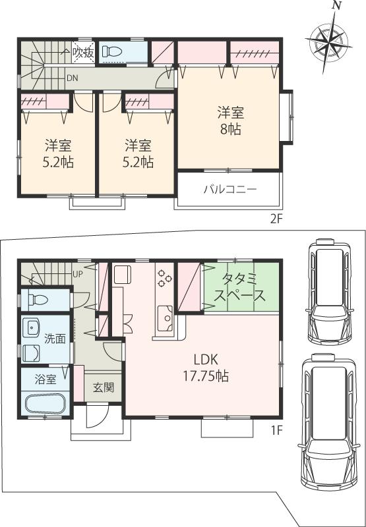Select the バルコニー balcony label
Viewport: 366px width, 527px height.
coord(229,190)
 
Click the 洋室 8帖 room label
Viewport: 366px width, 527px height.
coord(230,121)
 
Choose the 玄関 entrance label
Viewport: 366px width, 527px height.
coord(104,387)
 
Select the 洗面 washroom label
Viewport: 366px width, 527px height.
coord(55,339)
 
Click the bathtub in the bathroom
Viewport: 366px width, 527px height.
coord(45,403)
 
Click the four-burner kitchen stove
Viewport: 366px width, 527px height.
coord(164,279)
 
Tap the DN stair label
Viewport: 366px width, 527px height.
coord(72,77)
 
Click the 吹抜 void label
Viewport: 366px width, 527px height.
coord(82,51)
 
